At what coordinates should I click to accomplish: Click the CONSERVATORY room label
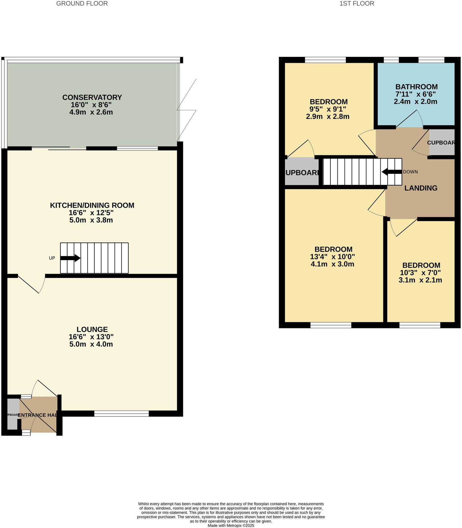click(x=92, y=97)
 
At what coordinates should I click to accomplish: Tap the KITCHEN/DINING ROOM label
click(x=92, y=205)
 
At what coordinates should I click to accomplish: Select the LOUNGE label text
click(x=92, y=329)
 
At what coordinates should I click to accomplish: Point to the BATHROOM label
click(x=416, y=87)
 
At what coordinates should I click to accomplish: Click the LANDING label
click(x=421, y=188)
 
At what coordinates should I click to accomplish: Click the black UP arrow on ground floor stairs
click(x=70, y=258)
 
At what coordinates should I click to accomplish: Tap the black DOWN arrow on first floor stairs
click(x=392, y=172)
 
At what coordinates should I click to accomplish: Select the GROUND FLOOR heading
click(x=82, y=4)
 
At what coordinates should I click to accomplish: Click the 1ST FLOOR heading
click(x=356, y=4)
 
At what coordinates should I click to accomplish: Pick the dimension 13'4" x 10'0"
click(x=332, y=257)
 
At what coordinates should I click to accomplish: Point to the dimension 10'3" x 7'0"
click(x=420, y=273)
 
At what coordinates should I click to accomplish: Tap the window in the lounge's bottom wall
click(x=121, y=414)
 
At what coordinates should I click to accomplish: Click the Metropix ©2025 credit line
click(x=231, y=526)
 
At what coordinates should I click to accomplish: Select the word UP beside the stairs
click(x=52, y=258)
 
